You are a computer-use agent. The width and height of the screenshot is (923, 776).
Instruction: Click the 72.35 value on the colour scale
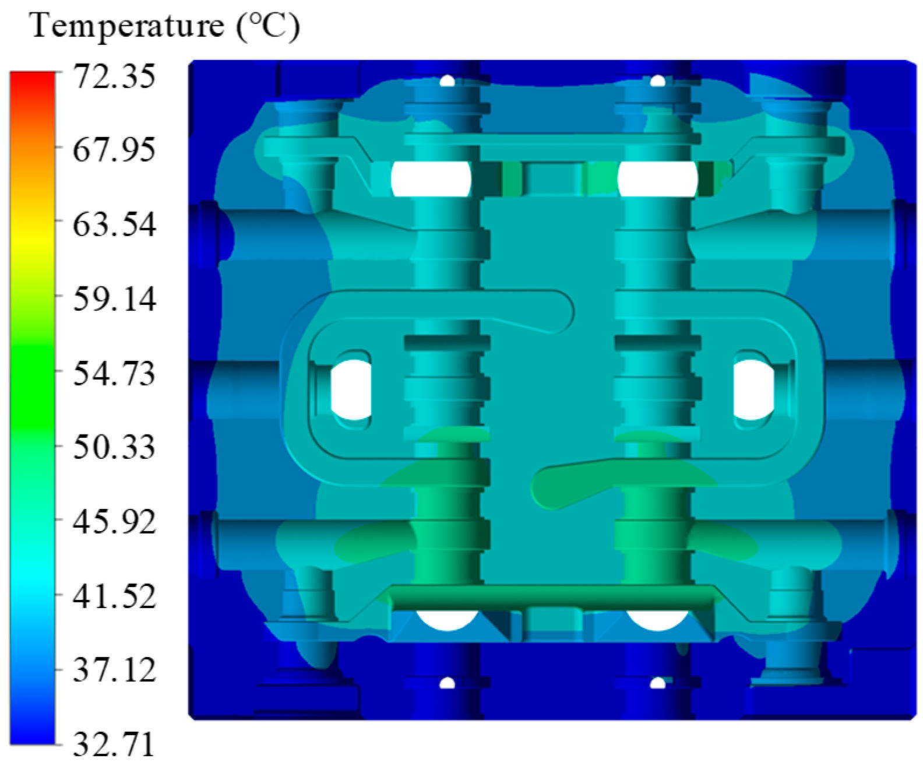pos(114,76)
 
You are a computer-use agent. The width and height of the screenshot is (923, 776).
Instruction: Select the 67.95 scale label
pos(114,150)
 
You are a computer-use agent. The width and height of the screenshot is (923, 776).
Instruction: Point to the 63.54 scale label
pos(114,224)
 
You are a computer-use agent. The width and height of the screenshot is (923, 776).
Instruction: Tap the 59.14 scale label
pos(114,300)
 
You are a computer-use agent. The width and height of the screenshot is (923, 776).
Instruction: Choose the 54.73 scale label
pos(114,374)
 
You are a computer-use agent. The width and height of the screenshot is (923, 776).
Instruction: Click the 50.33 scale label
pos(114,447)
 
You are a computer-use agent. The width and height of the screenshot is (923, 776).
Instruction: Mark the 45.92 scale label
pos(114,522)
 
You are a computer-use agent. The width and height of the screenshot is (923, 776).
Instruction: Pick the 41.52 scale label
pos(114,596)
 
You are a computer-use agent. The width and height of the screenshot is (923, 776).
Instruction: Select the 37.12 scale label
pos(114,670)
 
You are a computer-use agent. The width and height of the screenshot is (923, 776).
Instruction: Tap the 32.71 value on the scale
pos(114,745)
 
